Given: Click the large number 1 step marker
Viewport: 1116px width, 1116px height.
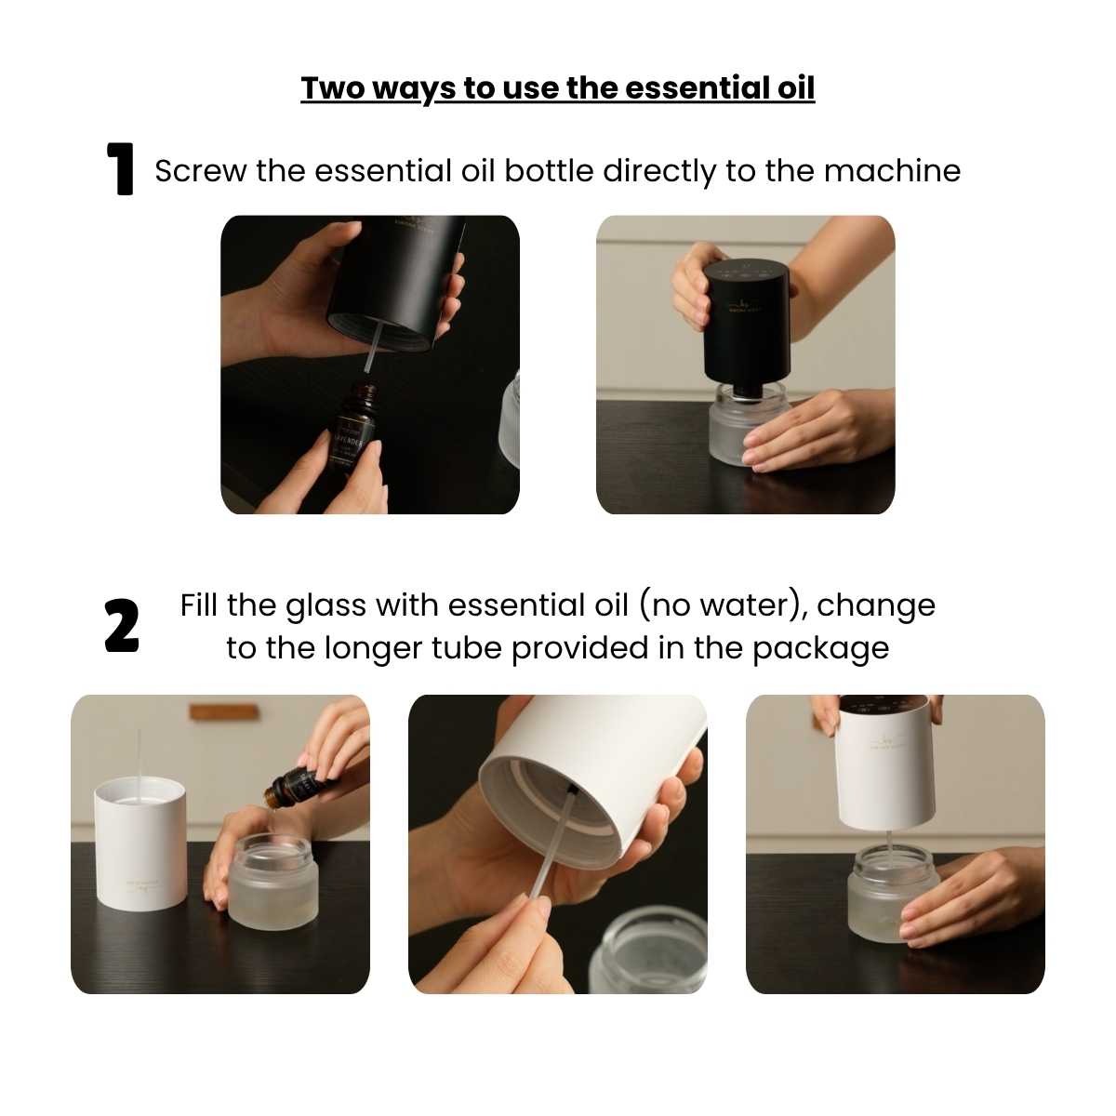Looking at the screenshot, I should pyautogui.click(x=122, y=169).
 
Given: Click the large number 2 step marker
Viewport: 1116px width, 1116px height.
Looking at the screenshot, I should pyautogui.click(x=122, y=626).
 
